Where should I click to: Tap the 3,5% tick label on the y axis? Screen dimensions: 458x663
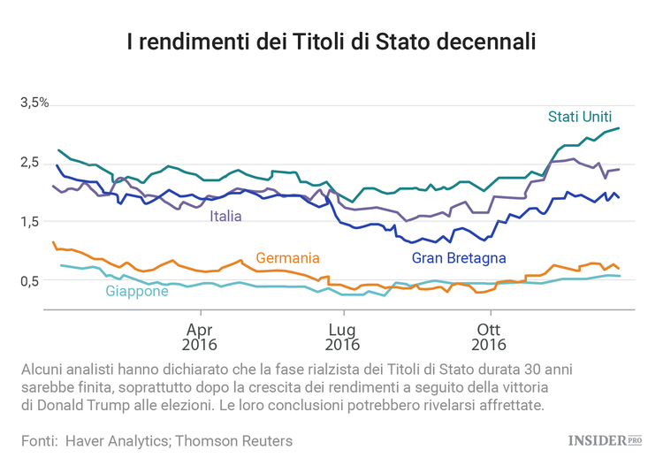click(34, 103)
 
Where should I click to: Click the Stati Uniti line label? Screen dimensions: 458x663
click(579, 116)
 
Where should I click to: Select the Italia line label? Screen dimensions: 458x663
click(225, 215)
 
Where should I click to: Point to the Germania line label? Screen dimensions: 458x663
click(287, 258)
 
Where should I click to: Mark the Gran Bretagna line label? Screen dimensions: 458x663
click(459, 258)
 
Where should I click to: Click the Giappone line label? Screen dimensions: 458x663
click(137, 291)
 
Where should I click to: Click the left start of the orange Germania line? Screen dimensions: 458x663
click(53, 241)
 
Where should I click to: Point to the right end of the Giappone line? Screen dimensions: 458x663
click(619, 276)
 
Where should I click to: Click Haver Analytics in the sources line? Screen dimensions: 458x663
click(117, 439)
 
